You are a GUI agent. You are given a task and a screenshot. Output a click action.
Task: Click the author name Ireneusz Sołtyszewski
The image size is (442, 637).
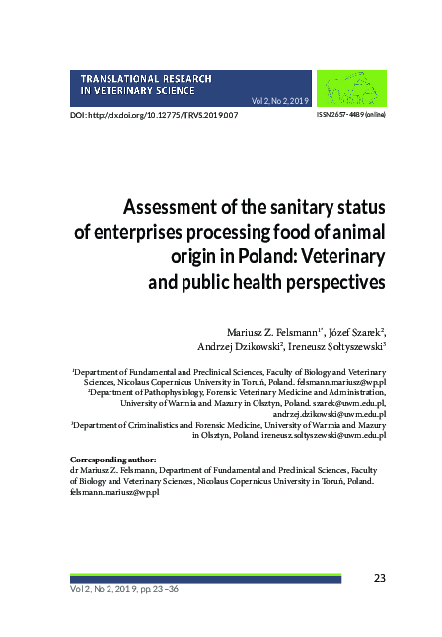point(335,346)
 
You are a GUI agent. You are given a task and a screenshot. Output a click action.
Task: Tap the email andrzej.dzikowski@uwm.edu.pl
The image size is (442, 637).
point(328,413)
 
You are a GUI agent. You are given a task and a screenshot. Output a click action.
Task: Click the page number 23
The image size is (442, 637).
point(379,577)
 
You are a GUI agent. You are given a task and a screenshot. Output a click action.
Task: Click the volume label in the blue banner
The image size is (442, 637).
point(281,101)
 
